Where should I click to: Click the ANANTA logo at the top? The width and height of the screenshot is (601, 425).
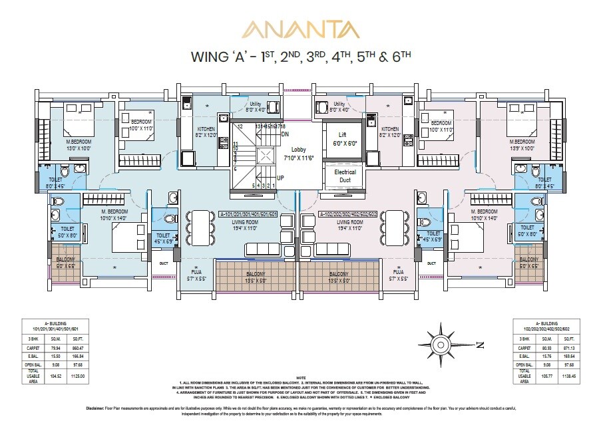[x=300, y=30]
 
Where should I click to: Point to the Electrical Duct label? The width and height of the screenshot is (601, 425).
[x=345, y=176]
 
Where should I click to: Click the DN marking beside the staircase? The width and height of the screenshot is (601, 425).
[x=285, y=134]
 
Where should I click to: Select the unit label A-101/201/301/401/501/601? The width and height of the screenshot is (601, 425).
[x=250, y=215]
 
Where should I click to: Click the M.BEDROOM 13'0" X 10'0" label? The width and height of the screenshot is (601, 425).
[x=78, y=145]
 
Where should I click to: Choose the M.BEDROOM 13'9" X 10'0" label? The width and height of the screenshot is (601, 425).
[x=522, y=145]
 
